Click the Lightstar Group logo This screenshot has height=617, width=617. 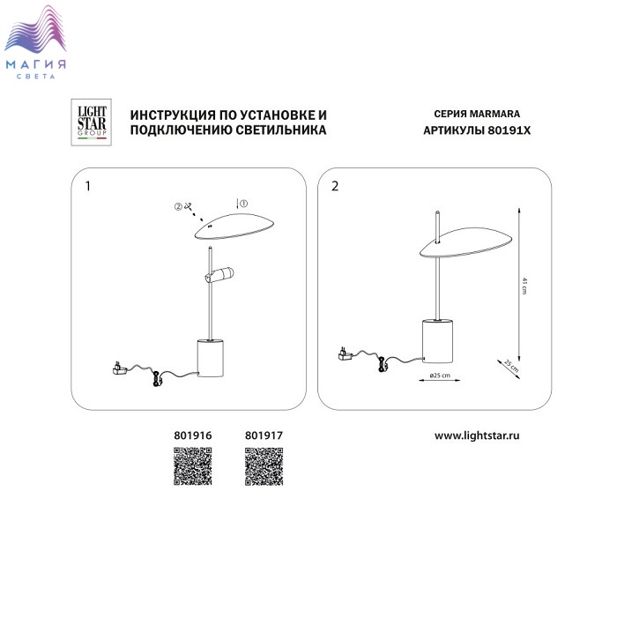coord(91,123)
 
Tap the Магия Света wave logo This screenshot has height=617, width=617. coord(35,41)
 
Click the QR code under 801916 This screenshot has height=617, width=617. coord(193,466)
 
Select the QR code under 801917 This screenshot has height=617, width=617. coord(264,466)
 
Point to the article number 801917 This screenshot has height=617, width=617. coord(264,435)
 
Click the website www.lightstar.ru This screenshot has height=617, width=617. coord(477,435)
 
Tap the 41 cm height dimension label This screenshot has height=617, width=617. coord(524,286)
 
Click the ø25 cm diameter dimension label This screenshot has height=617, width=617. coord(440,375)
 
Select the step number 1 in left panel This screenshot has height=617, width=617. coord(88,186)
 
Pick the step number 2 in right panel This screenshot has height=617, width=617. coord(335,186)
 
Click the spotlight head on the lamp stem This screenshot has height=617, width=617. coord(219,274)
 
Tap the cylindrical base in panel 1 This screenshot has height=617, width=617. coord(210,358)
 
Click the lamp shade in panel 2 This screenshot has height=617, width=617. coord(466,242)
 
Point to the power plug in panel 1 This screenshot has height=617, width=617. coord(120,368)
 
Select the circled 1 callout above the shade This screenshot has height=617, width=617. coord(244,204)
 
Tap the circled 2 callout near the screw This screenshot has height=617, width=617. coord(178,206)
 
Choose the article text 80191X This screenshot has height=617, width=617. coord(509,130)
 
